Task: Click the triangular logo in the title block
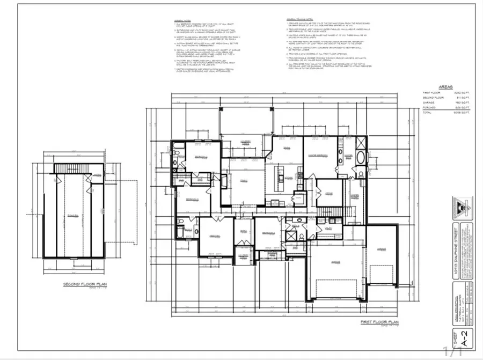[x=460, y=205]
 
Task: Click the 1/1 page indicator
[x=453, y=351]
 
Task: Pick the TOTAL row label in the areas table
[x=428, y=113]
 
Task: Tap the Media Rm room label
[x=215, y=236]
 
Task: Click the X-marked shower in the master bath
[x=361, y=144]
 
